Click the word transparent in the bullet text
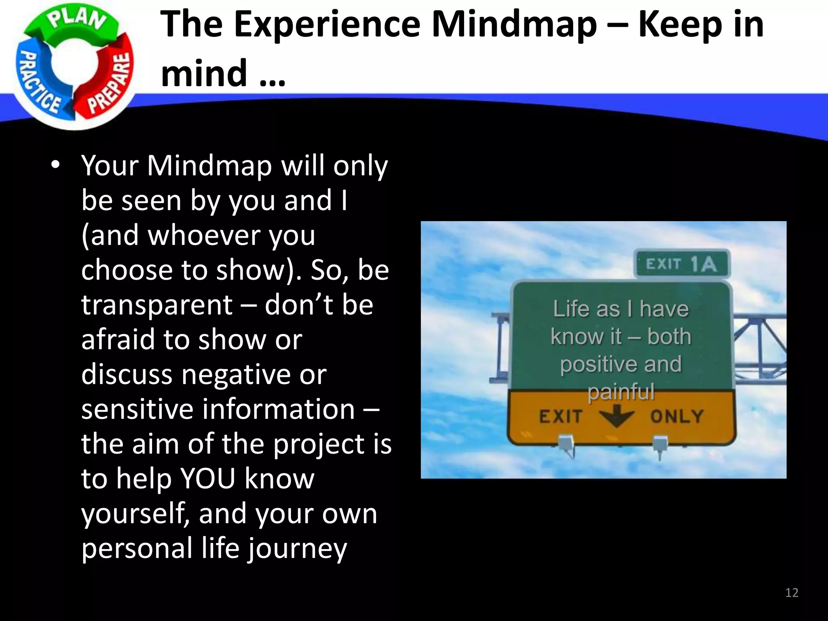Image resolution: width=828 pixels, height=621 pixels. [157, 305]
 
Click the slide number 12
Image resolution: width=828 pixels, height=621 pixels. [792, 593]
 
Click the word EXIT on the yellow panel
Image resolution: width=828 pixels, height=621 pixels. [561, 416]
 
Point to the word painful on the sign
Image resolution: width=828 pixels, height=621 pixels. [621, 391]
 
